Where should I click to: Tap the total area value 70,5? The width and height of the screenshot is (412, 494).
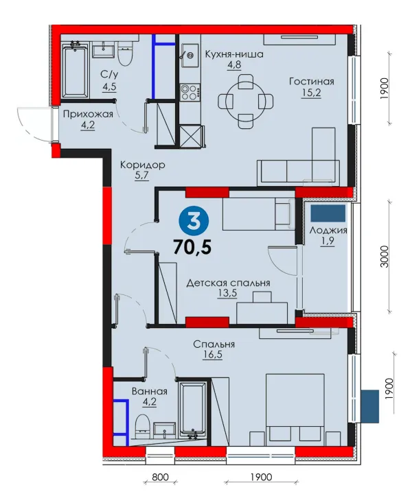point(192,247)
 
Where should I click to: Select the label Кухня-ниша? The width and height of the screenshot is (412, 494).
point(234,54)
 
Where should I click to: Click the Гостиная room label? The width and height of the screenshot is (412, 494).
point(312,82)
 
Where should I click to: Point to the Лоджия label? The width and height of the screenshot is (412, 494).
point(328,230)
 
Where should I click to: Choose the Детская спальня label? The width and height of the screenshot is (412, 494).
point(228,283)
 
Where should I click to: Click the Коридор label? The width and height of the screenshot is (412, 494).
point(142,165)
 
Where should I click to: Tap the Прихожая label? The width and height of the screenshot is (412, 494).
point(88,113)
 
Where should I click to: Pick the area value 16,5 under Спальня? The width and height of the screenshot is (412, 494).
point(213,355)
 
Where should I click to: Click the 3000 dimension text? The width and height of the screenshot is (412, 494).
point(385,256)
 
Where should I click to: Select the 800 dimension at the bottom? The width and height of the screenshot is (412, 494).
point(160,477)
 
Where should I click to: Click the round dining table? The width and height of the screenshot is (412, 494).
point(246,102)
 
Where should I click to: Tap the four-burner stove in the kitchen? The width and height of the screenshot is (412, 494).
point(190,92)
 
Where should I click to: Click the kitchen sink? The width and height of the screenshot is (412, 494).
point(190,56)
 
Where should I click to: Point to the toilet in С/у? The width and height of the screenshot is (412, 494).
point(126,54)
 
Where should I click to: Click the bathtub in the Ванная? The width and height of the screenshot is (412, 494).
point(192,410)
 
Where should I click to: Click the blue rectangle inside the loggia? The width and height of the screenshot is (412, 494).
point(328,213)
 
